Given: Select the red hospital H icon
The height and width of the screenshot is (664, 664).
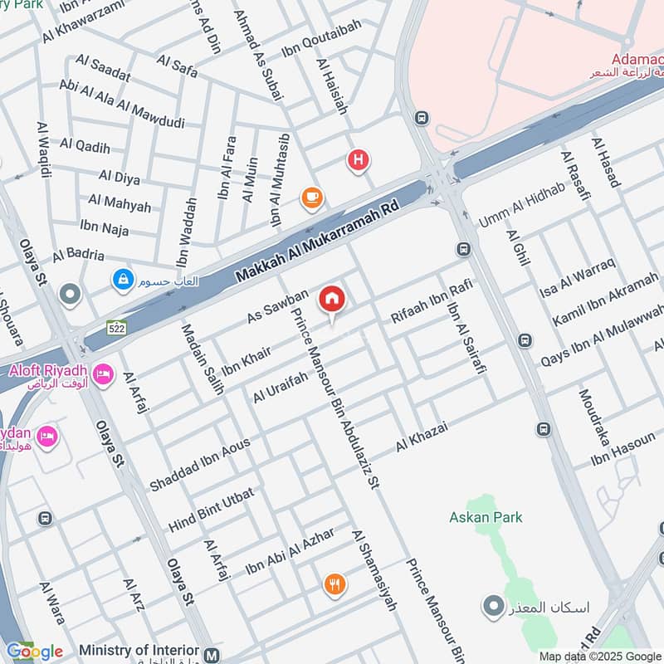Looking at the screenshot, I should click(359, 159).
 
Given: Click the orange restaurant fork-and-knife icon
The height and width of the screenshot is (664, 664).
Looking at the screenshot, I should click(334, 584).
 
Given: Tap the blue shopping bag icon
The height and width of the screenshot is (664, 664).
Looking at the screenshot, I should click(124, 281).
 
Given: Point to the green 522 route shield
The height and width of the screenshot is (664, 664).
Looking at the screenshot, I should click(116, 328).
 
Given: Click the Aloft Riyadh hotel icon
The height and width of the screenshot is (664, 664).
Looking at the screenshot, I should click(103, 375).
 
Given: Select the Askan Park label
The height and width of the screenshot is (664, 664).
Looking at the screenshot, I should click(486, 517).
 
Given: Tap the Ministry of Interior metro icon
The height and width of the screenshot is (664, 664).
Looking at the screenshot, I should click(213, 653).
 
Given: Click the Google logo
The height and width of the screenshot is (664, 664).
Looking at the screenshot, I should click(34, 652).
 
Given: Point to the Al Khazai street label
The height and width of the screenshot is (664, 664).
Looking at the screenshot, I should click(422, 437).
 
